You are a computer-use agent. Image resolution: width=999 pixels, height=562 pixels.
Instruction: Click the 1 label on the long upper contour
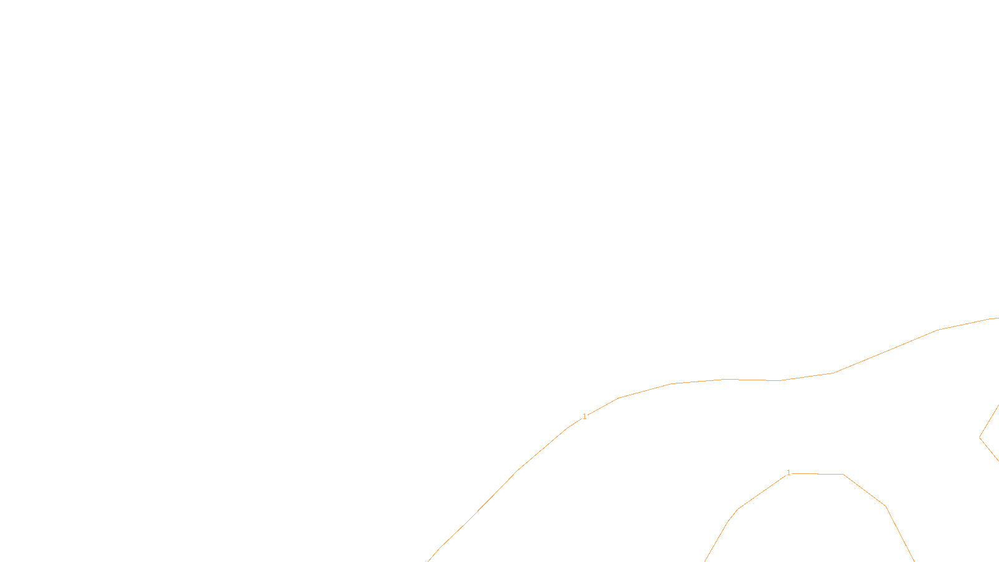tap(584, 417)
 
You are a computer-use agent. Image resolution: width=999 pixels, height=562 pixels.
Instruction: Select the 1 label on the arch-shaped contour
tap(789, 473)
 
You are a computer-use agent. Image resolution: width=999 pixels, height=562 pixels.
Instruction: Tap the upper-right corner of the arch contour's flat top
tap(844, 475)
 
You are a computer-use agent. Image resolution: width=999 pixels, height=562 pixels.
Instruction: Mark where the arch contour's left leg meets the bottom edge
tap(705, 561)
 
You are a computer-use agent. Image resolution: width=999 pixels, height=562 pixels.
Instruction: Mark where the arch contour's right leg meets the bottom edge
tap(914, 561)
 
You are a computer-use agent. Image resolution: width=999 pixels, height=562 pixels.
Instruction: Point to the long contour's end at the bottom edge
tap(428, 561)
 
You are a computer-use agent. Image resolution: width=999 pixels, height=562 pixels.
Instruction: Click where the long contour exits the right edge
tap(997, 318)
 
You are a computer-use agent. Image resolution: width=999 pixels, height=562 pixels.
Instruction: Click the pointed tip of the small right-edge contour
tap(980, 437)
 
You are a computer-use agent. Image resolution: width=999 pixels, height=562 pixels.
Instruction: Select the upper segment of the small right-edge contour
tap(989, 421)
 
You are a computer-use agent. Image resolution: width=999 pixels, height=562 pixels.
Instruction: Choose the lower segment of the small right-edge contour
tap(989, 449)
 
